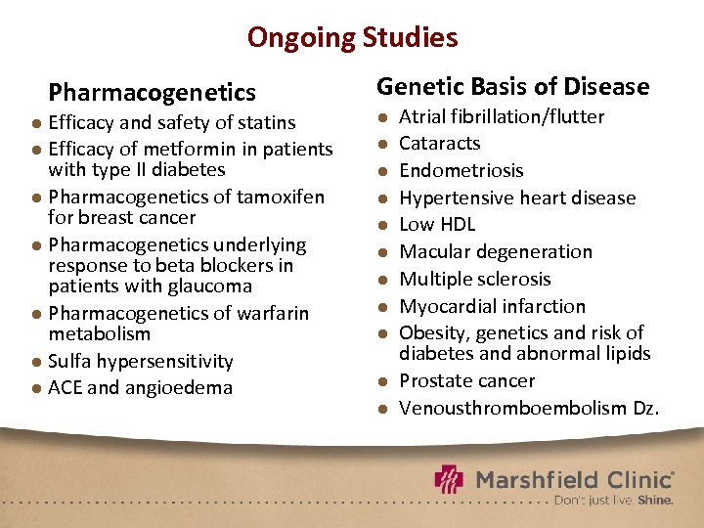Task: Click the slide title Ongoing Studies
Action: coord(352,37)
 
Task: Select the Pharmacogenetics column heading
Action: coord(152,93)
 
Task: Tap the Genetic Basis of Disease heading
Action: coord(512,86)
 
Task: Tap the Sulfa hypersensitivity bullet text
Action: coord(141,361)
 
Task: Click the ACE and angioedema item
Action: coord(141,387)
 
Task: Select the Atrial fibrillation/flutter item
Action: coord(502,116)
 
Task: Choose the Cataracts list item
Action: coord(440,143)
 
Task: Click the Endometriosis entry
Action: coord(462,170)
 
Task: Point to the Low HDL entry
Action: coord(437,224)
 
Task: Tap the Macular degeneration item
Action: coord(496,251)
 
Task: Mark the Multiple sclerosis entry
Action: coord(475,279)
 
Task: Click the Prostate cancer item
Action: coord(467,380)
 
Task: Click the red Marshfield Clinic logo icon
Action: coord(451,480)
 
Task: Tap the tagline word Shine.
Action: coord(655,500)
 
